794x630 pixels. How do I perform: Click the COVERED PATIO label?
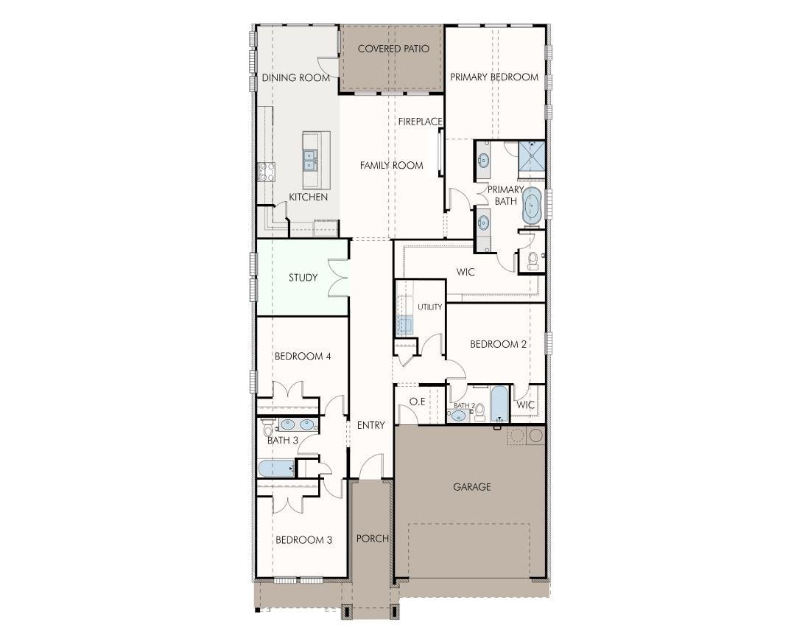[393, 49]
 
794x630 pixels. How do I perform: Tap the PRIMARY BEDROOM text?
[494, 77]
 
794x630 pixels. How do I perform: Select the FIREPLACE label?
[421, 122]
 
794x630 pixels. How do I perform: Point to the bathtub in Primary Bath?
[532, 206]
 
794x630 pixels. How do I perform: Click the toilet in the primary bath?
[533, 260]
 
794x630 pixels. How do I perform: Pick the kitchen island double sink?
[309, 160]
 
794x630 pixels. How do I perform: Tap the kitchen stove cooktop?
[267, 172]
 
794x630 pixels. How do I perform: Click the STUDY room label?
[303, 278]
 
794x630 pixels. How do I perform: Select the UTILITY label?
[430, 307]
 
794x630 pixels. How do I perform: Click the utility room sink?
[404, 325]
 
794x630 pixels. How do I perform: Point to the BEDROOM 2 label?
[498, 344]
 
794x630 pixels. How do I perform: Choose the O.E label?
[417, 402]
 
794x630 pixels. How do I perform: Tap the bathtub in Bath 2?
[500, 404]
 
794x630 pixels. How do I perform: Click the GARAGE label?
[472, 487]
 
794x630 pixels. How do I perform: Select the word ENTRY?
[371, 425]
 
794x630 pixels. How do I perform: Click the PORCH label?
[373, 539]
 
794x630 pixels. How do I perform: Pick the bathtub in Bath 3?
[276, 468]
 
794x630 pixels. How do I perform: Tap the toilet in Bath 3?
[267, 428]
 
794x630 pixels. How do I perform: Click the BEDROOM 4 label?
[303, 357]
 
